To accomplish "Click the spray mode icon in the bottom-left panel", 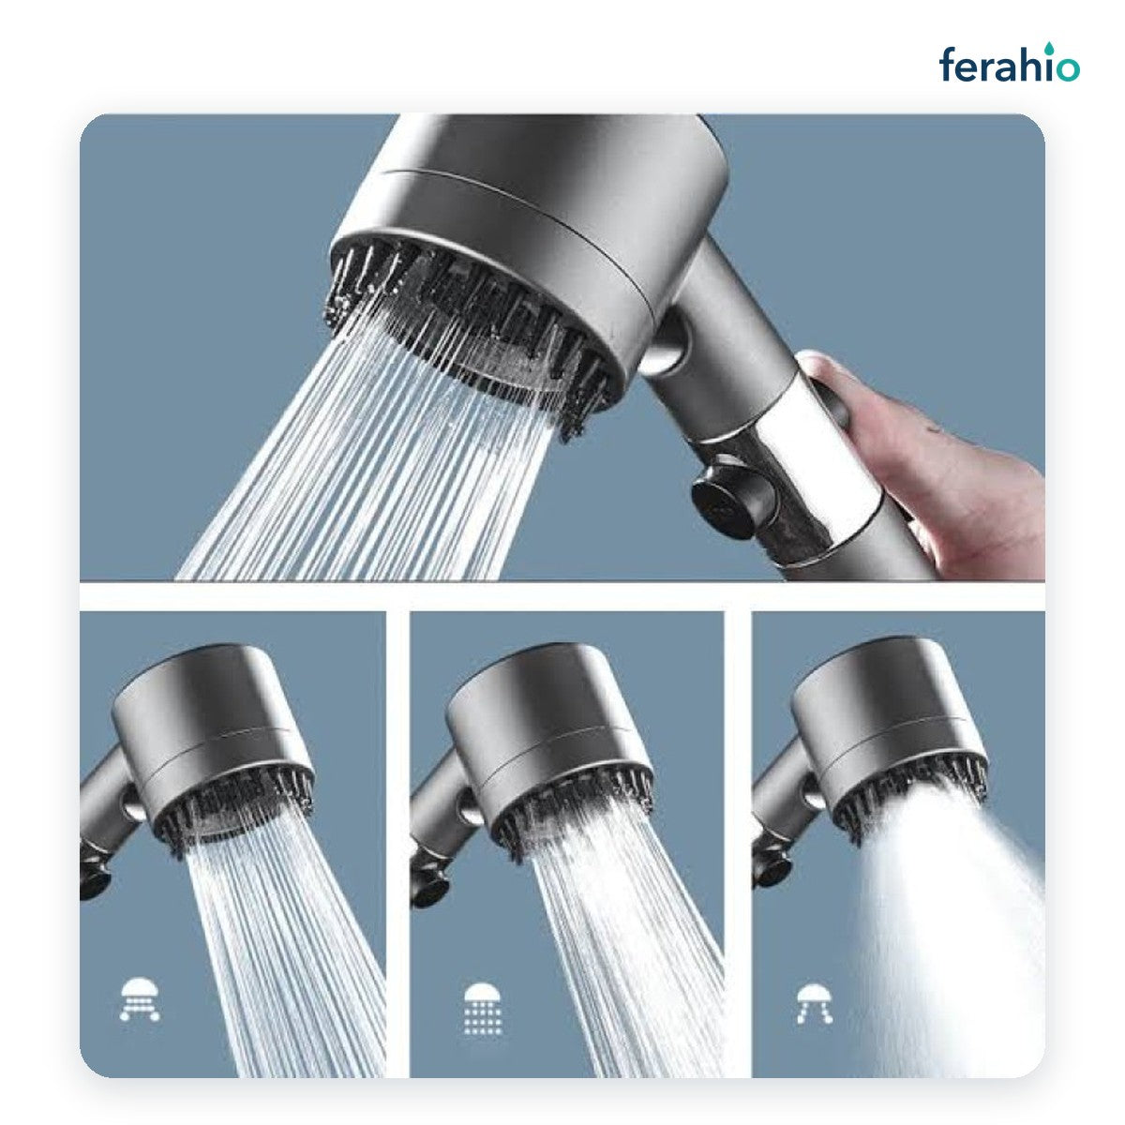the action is (x=140, y=1000).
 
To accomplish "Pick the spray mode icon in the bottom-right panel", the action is (x=815, y=1003).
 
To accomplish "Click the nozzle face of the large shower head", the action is (x=467, y=327).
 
